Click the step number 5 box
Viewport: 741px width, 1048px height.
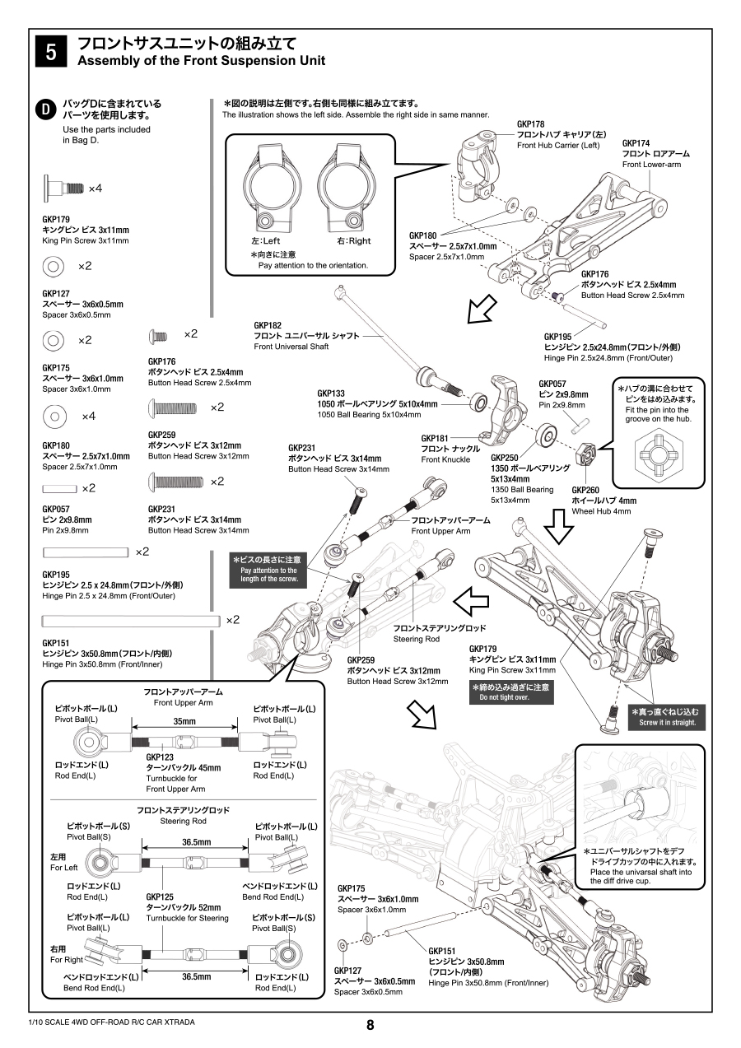tap(51, 52)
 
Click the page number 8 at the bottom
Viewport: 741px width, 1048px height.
tap(370, 1025)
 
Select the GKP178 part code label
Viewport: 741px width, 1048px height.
tap(530, 123)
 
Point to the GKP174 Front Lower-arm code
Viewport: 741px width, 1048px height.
tap(636, 143)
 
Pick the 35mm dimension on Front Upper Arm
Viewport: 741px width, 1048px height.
tap(184, 721)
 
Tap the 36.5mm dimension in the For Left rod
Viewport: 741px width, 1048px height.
tap(196, 842)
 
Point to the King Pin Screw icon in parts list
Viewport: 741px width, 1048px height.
tap(64, 188)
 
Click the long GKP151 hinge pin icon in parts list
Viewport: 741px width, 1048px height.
tap(132, 619)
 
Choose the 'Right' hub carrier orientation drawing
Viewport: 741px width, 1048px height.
tap(347, 190)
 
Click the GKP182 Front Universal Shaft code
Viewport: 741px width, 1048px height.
tap(268, 325)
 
